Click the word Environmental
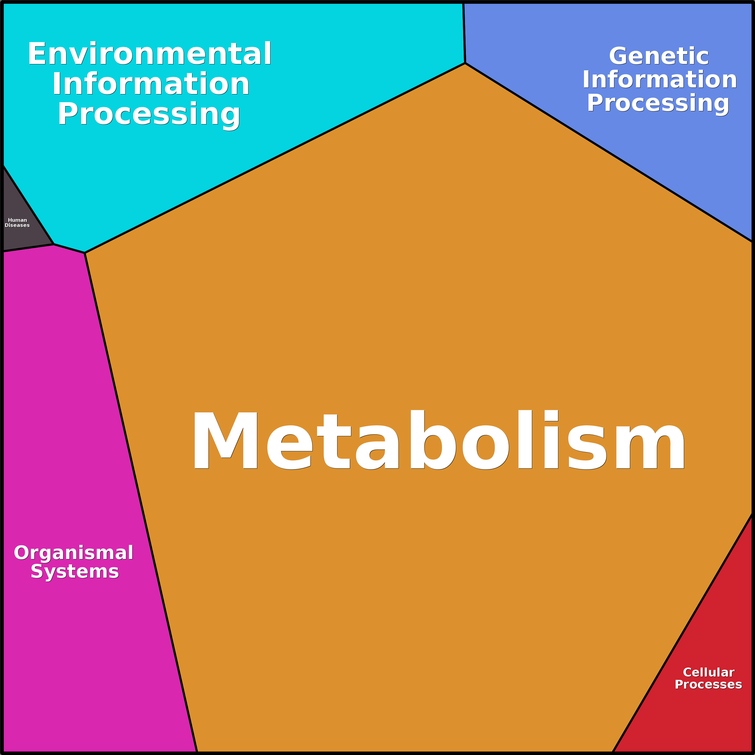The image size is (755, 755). (x=149, y=53)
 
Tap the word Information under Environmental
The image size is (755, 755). (x=151, y=84)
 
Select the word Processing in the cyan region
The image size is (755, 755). (x=149, y=115)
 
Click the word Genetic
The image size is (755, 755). (x=659, y=56)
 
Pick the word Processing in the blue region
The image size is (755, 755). (x=658, y=104)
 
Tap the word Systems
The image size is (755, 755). (x=75, y=571)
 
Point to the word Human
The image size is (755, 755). (x=18, y=220)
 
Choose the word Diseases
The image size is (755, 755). (x=17, y=225)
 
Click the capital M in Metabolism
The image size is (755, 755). (x=225, y=440)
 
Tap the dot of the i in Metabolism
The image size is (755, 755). (x=551, y=415)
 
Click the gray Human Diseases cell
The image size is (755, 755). (x=22, y=219)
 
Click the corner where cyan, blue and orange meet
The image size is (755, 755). (x=465, y=63)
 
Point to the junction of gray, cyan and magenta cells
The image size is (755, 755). (x=53, y=244)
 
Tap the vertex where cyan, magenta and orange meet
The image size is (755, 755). (x=85, y=253)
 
